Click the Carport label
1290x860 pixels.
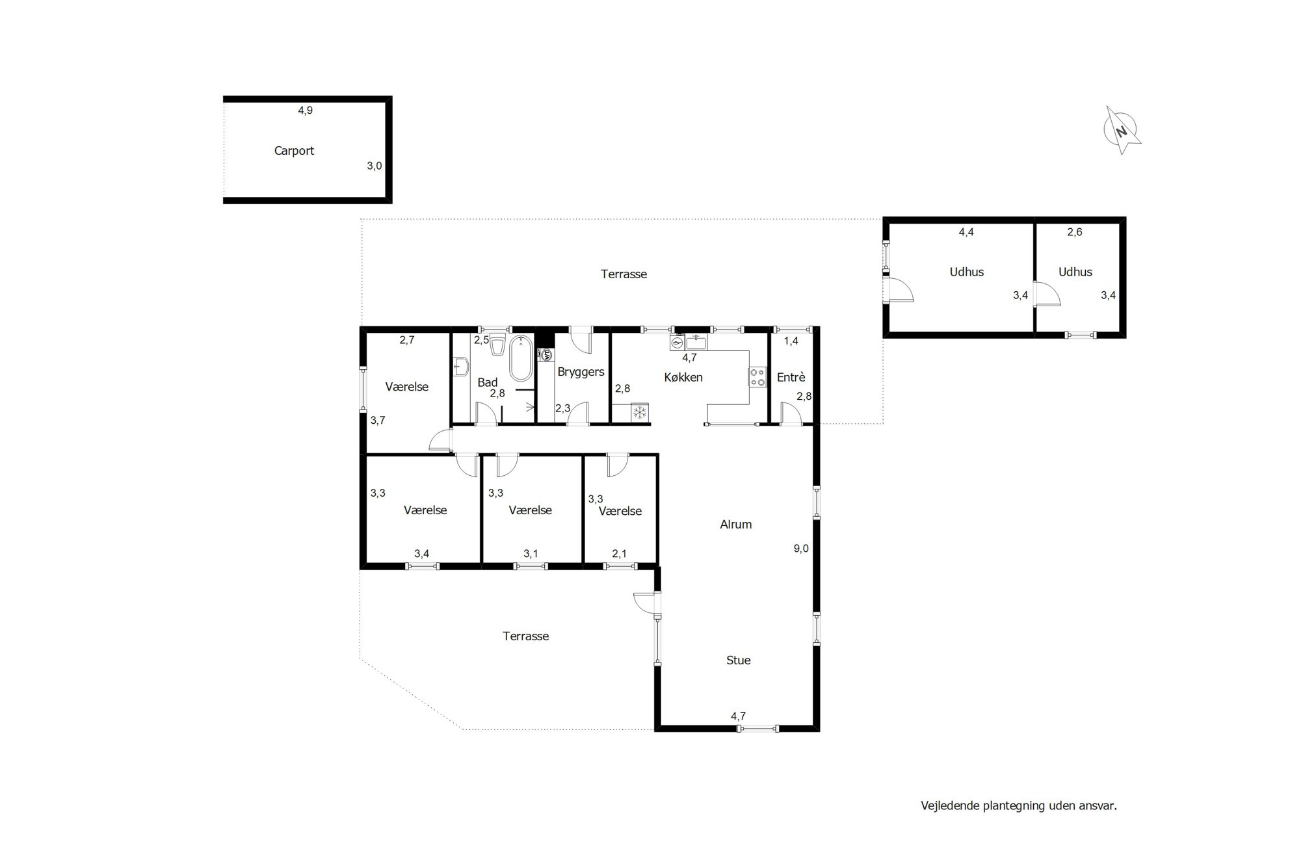click(x=294, y=151)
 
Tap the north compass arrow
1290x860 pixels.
click(x=1122, y=130)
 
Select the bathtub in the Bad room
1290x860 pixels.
click(x=520, y=358)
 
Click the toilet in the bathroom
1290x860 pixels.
click(x=498, y=345)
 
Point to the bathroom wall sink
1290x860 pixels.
click(x=461, y=367)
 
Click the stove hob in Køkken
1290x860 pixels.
click(x=757, y=377)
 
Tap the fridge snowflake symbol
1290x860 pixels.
click(x=640, y=411)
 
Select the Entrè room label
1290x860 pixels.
click(x=791, y=377)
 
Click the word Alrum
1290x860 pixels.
click(x=735, y=525)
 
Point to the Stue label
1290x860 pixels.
click(x=738, y=660)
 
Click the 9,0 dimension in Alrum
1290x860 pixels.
click(x=801, y=549)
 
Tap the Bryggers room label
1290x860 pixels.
click(x=581, y=372)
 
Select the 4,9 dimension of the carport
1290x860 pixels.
click(x=305, y=111)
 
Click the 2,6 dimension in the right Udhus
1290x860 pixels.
click(x=1075, y=232)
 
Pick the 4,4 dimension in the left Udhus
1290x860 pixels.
click(x=966, y=232)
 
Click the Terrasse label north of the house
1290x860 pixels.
click(x=624, y=274)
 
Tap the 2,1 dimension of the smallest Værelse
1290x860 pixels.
click(x=620, y=554)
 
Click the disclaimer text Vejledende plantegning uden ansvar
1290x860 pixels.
click(x=1019, y=806)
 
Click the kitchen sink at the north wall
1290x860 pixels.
click(x=696, y=343)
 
